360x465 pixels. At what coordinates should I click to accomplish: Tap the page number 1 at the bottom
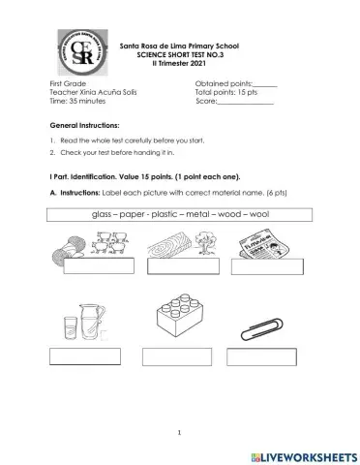pos(179,431)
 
